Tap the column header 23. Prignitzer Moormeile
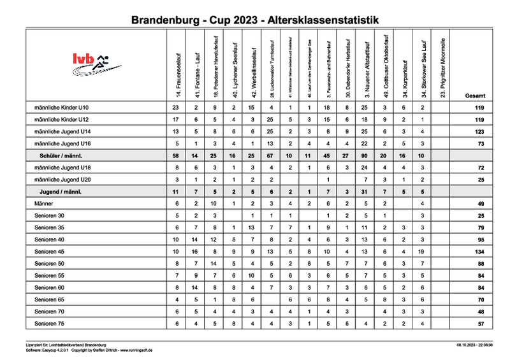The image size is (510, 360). click(442, 68)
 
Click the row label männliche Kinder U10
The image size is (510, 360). click(62, 108)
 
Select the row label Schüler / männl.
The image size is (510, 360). click(62, 155)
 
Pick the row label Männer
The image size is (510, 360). click(45, 203)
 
